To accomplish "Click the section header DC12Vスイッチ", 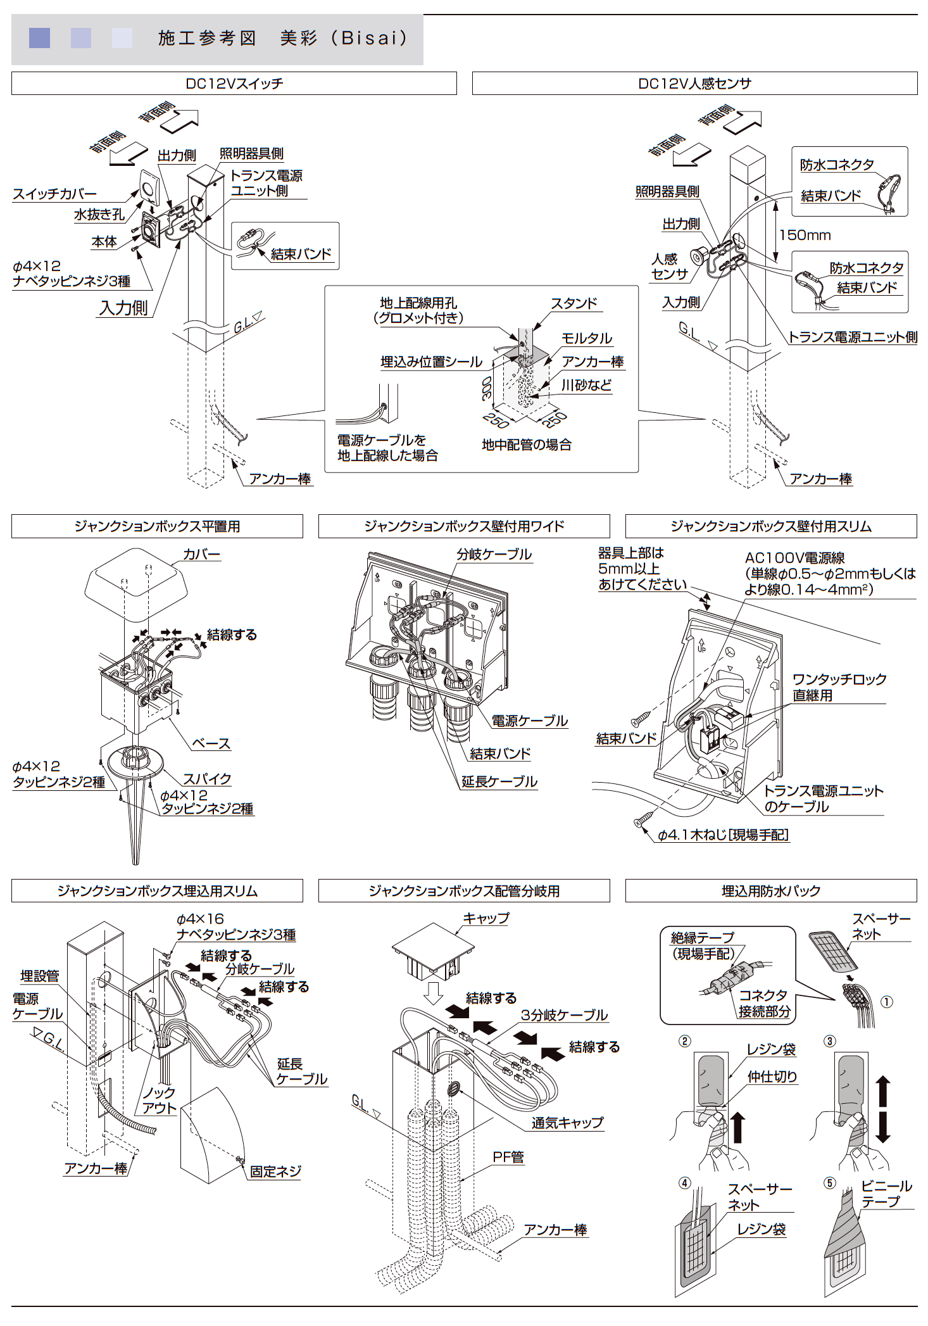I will click(x=234, y=84).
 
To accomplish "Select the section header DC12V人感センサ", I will click(x=694, y=84).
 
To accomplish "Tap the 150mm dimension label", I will click(x=805, y=235).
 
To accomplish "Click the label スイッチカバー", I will click(x=54, y=194).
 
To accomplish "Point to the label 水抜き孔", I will click(x=99, y=215).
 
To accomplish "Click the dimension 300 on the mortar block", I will click(x=486, y=388).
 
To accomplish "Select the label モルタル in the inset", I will click(x=586, y=338).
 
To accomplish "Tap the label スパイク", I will click(x=207, y=779).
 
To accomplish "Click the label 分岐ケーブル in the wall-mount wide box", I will click(x=494, y=554).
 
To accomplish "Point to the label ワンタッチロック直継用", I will click(x=839, y=687).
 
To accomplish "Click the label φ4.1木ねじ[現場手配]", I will click(x=723, y=835).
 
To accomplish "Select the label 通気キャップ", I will click(x=567, y=1123).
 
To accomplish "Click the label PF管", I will click(x=508, y=1157).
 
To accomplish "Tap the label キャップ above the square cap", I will click(x=486, y=918).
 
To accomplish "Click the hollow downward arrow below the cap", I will click(x=433, y=993).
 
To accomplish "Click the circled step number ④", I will click(x=684, y=1183).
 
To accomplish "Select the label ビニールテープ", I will click(x=886, y=1194).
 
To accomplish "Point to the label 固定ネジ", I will click(x=275, y=1171).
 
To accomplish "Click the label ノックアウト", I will click(x=159, y=1100).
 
